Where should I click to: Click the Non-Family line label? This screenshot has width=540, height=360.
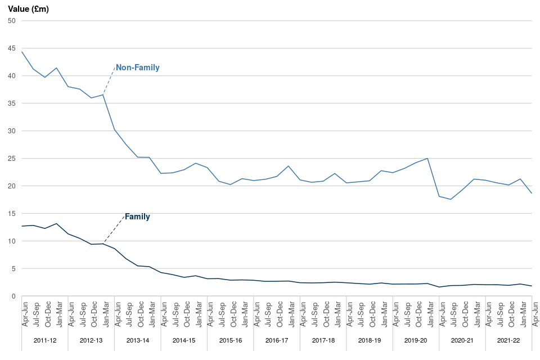(137, 67)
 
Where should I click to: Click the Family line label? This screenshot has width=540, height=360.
(137, 216)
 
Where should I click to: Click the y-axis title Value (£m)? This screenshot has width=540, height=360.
(28, 8)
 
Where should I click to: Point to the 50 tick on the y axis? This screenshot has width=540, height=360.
(11, 21)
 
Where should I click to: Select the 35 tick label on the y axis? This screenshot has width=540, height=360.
(11, 103)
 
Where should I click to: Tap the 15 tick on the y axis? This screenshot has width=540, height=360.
(11, 214)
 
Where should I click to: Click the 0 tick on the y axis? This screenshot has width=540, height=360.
(13, 296)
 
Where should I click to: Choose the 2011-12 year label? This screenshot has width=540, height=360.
(45, 341)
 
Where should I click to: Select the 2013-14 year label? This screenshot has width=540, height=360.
(138, 341)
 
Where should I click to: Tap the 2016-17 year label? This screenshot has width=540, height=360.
(277, 341)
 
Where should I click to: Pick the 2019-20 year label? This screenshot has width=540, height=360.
(416, 341)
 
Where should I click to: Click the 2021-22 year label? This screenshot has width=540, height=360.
(508, 341)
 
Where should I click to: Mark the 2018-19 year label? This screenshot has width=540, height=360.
(370, 341)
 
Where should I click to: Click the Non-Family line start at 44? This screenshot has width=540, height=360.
(22, 52)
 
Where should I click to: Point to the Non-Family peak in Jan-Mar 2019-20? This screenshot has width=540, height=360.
(427, 159)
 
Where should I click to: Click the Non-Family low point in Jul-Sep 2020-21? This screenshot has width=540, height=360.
(451, 199)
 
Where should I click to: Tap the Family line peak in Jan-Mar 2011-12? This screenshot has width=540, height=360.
(57, 224)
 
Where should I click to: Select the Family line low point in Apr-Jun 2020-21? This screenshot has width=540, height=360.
(439, 287)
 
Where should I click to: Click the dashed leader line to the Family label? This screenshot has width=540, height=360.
(114, 229)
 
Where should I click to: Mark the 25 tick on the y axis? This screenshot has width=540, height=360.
(11, 159)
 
